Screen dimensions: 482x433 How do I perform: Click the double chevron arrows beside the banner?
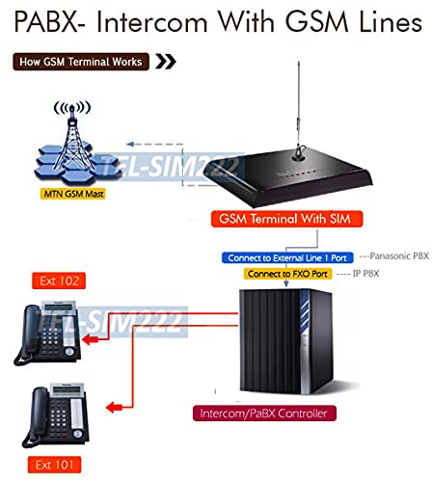pos(167,63)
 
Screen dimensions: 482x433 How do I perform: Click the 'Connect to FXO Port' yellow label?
pos(287,274)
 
